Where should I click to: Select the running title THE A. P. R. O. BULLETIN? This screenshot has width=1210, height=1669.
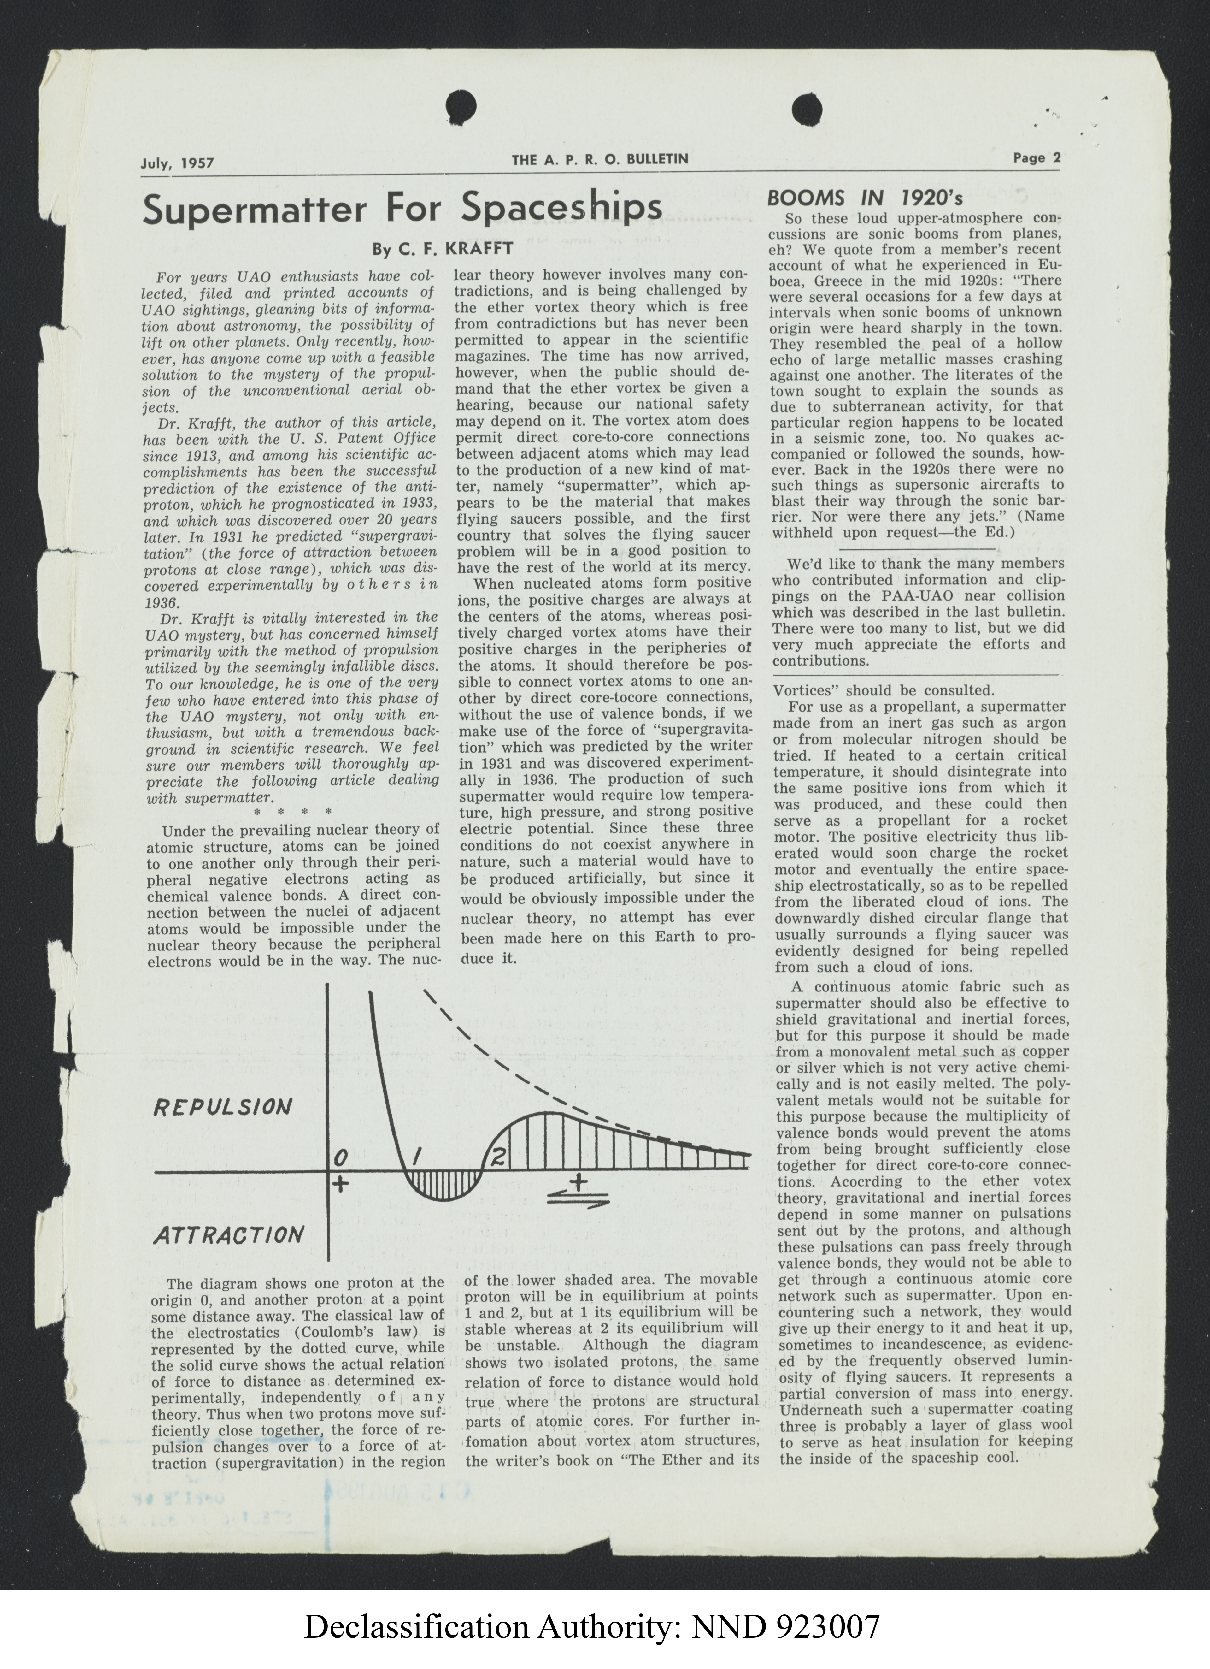tap(600, 159)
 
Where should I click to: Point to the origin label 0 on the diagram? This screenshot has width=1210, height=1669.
tap(339, 1158)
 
